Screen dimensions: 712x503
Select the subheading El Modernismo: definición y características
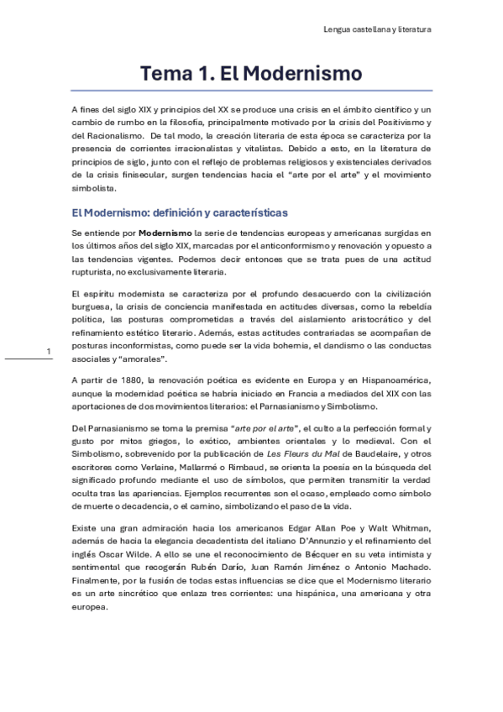click(180, 212)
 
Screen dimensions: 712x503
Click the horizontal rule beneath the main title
click(251, 91)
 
